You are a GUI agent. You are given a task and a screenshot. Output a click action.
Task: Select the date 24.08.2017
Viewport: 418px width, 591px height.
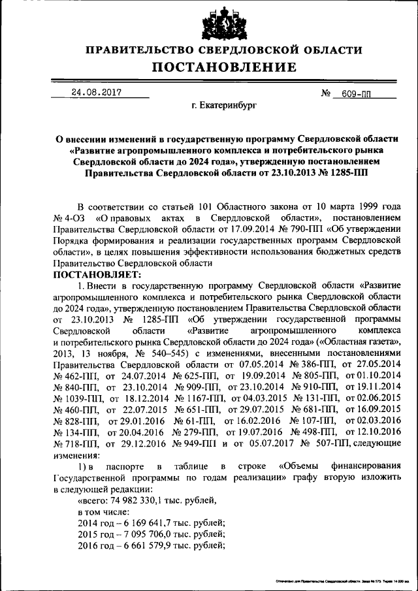point(96,92)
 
